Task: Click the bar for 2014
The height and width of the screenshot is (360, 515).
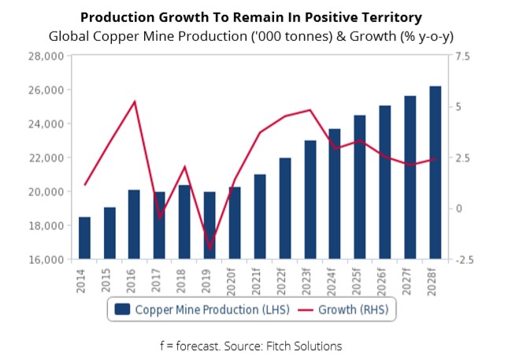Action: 84,238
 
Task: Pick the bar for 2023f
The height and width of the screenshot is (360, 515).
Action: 309,200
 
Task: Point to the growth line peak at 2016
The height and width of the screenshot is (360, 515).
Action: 135,102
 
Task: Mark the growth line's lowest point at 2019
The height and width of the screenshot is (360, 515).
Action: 209,249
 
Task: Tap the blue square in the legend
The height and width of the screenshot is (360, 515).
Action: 122,309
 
